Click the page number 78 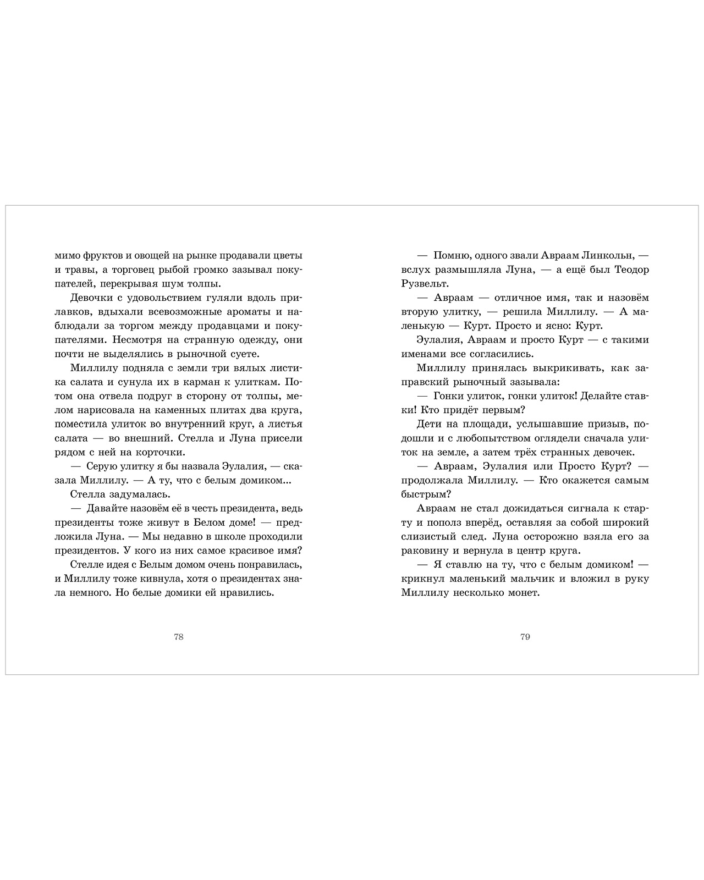178,637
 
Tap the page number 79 525,637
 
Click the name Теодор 630,269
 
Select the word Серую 101,466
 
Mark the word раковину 425,551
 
